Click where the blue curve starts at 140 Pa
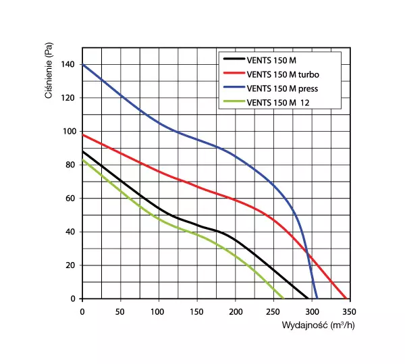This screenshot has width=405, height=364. pos(83,65)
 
